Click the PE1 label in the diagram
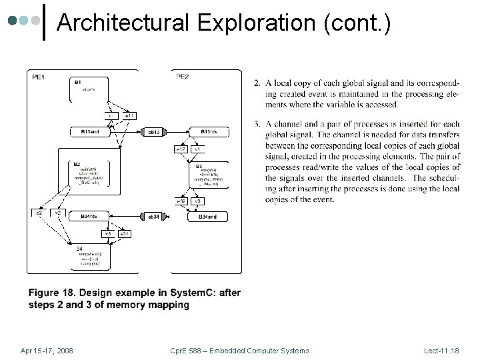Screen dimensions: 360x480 (38, 77)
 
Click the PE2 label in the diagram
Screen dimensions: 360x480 (182, 77)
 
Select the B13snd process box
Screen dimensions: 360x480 (90, 132)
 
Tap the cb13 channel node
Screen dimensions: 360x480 (153, 132)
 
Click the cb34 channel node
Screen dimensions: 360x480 (153, 217)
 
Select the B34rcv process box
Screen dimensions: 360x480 (90, 217)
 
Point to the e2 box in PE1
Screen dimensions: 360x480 (39, 212)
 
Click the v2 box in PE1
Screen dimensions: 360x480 (59, 212)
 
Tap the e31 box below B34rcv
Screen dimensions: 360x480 (124, 233)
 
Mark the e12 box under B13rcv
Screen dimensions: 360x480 (181, 149)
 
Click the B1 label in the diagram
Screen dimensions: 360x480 (78, 82)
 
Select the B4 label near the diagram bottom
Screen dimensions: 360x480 (78, 249)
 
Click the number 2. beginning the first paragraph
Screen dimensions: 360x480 (257, 83)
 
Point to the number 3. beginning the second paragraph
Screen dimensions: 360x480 (257, 123)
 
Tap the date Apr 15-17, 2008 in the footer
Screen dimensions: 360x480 (47, 351)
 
